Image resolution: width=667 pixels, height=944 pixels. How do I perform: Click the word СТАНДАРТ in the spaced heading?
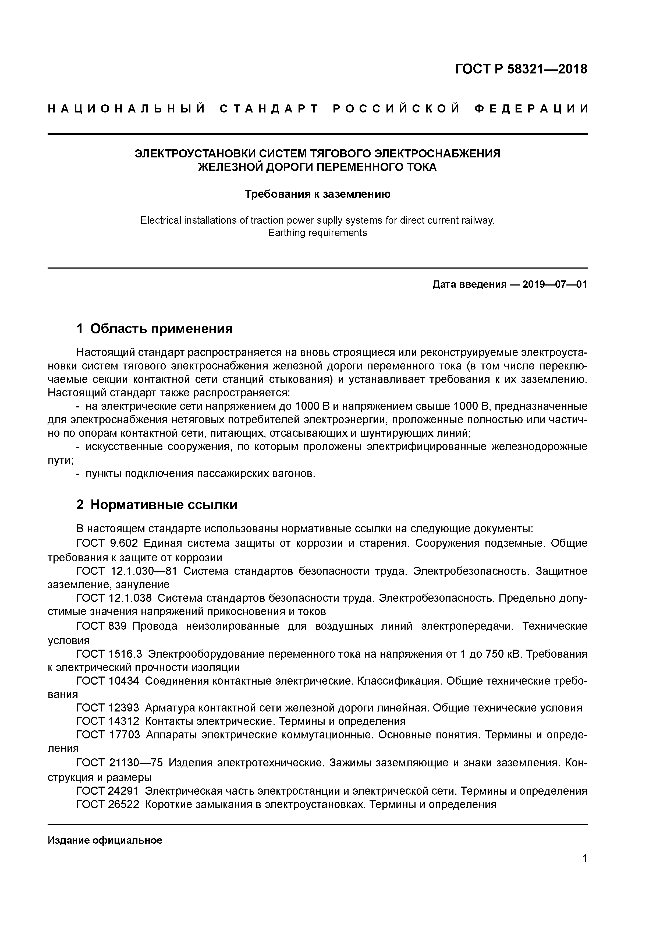[x=269, y=109]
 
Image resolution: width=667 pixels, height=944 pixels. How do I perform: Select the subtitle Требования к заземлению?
[x=317, y=194]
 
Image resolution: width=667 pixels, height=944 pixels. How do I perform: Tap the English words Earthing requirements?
[x=317, y=233]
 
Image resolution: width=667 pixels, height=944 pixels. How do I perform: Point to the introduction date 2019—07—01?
[x=555, y=284]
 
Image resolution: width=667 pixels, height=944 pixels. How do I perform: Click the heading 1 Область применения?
[x=155, y=329]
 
